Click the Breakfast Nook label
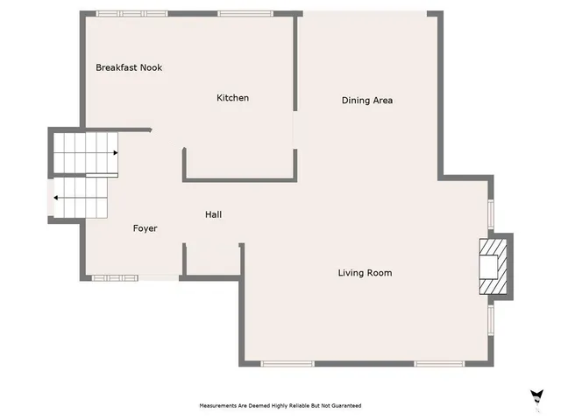129,67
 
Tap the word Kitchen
232,98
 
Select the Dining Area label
366,101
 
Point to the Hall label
213,214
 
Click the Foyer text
145,228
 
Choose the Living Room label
365,273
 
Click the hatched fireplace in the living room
492,266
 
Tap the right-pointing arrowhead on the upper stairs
115,153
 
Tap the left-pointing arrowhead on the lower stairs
57,198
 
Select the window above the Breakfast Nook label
121,13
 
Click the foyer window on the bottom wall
115,278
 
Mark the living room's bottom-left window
288,363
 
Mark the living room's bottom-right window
439,363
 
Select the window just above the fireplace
492,214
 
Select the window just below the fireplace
492,320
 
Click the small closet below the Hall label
212,260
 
